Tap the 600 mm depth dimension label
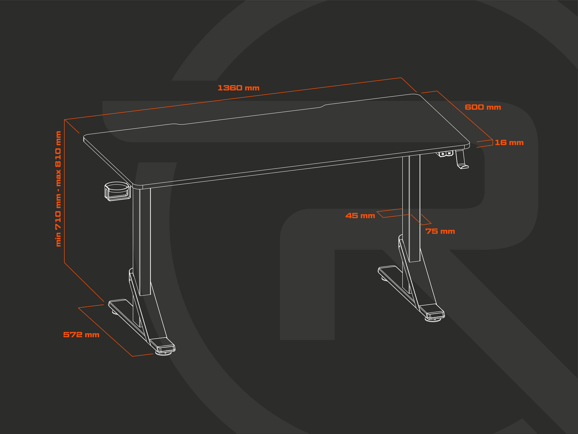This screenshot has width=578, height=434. tap(483, 107)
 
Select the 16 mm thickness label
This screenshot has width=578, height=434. tap(509, 143)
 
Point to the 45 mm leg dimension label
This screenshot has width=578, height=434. tap(360, 216)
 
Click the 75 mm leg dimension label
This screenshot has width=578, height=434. tap(440, 231)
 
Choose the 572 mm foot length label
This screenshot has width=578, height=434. tap(81, 335)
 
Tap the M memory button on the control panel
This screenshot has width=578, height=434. tap(449, 153)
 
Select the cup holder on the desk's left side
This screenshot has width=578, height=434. tap(117, 191)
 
